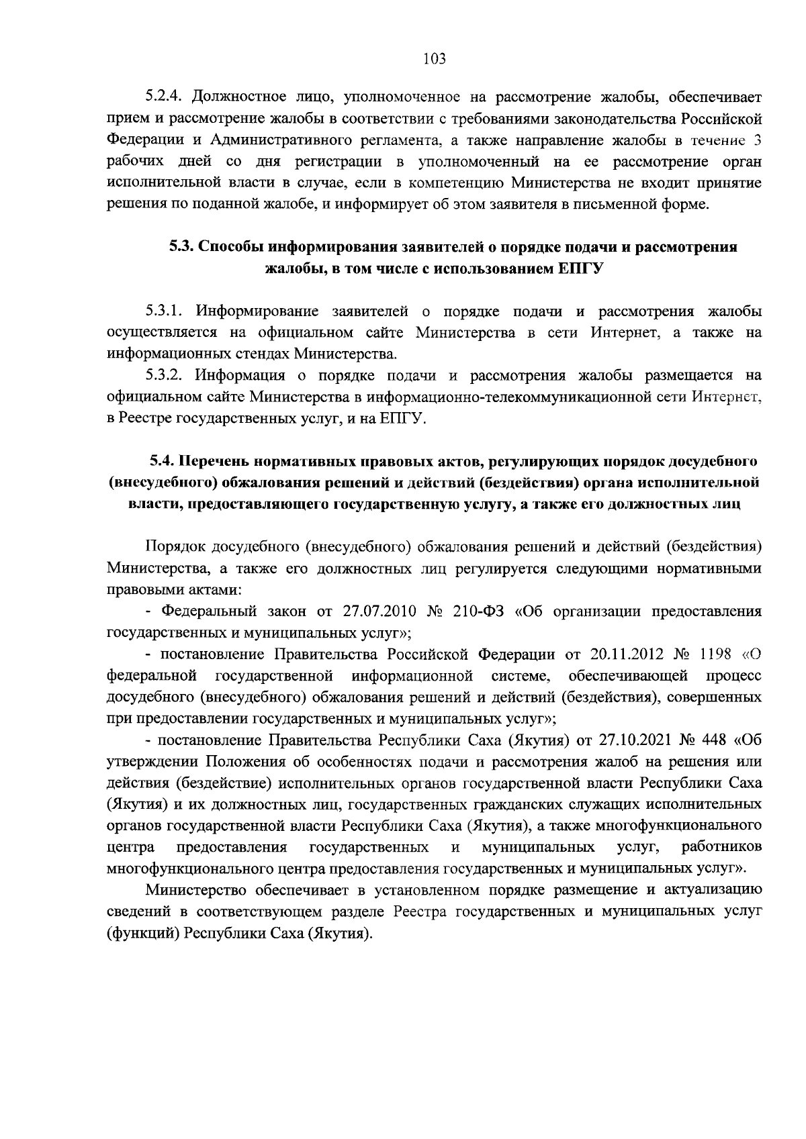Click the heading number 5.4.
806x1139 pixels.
(164, 461)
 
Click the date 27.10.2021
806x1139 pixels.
(635, 740)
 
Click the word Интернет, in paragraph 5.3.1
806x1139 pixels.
(624, 333)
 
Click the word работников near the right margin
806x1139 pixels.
(721, 847)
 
